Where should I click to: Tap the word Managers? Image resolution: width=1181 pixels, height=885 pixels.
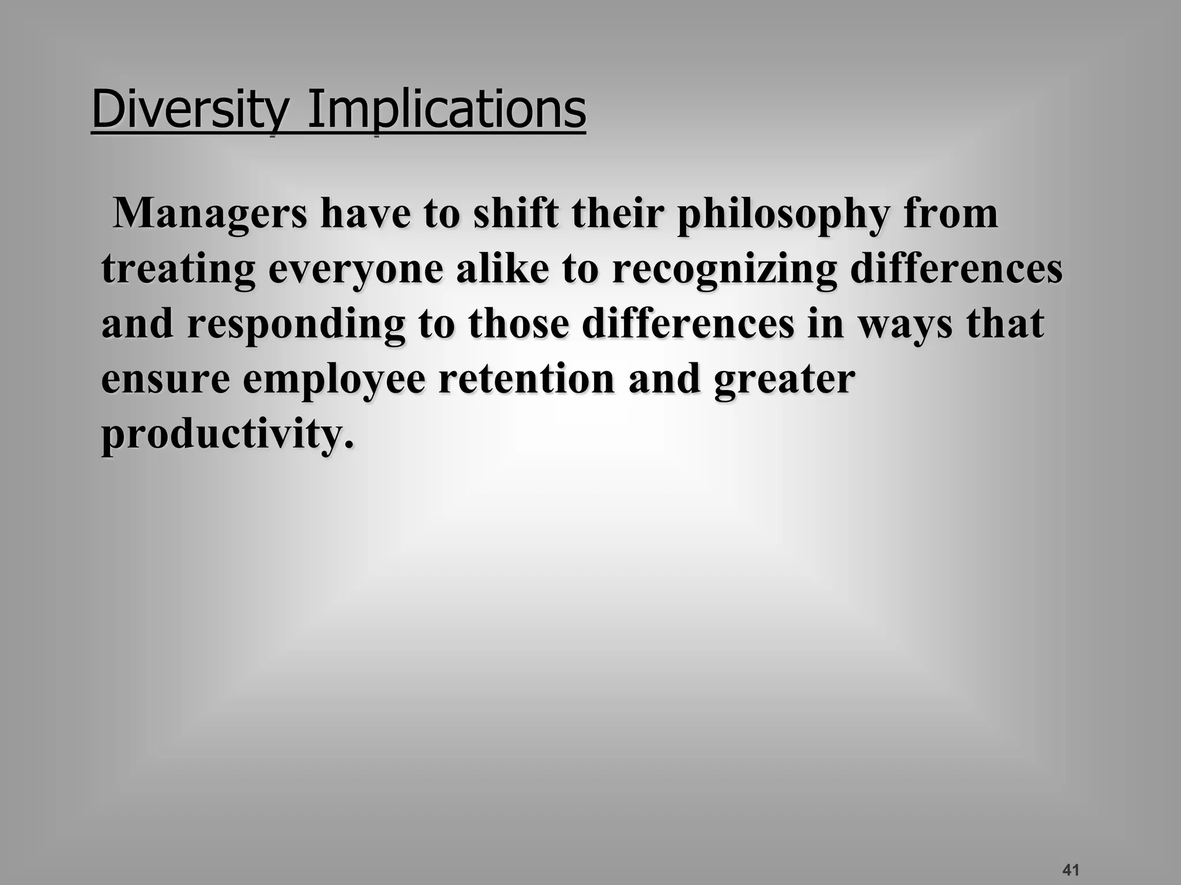point(210,213)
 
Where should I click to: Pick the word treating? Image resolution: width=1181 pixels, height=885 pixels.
point(178,270)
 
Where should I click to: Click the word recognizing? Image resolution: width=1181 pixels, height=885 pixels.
point(724,270)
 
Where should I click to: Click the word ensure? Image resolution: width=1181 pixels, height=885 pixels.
point(166,380)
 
